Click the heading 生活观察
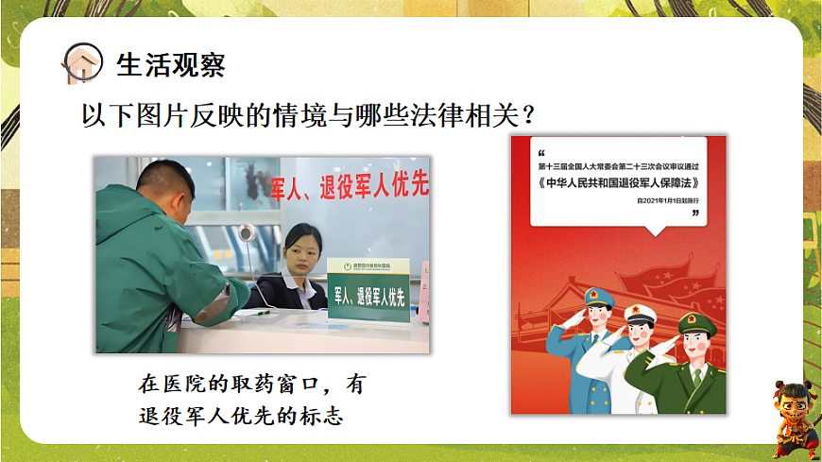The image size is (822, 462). tap(170, 64)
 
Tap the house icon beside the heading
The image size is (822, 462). tap(82, 63)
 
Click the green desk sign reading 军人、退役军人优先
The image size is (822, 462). tap(368, 297)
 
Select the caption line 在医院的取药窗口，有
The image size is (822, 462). tap(250, 385)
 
